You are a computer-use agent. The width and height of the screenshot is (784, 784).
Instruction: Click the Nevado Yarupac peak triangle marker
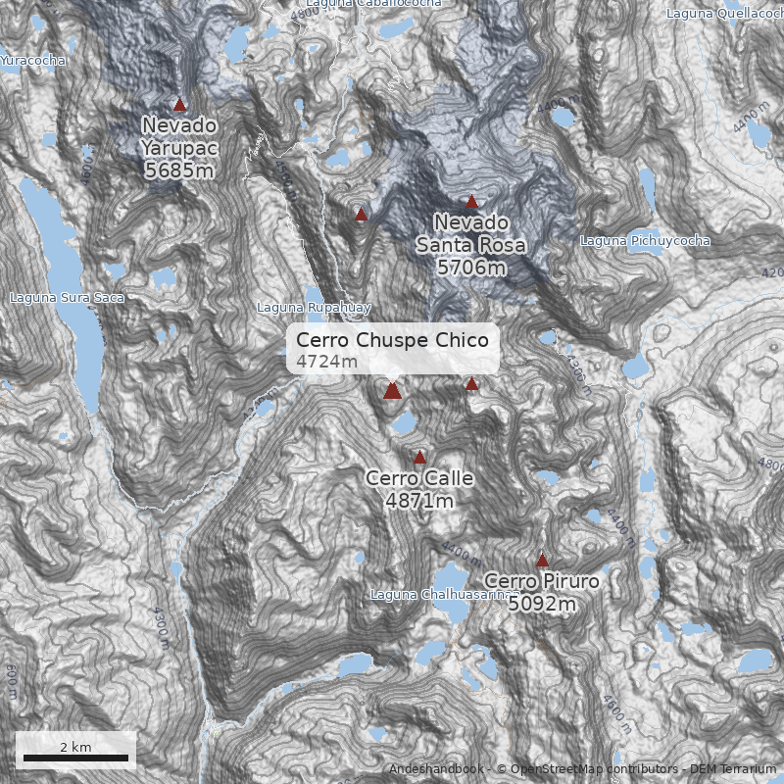pos(179,104)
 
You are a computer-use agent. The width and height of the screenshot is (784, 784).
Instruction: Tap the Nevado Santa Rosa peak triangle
pos(471,202)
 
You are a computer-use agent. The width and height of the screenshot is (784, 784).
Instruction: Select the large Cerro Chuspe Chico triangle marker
pos(393,391)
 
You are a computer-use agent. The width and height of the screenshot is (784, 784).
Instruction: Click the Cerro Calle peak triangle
pos(420,458)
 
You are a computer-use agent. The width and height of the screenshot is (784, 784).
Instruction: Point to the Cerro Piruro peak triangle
pos(542,560)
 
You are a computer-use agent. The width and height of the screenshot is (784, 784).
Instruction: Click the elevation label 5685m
pos(178,171)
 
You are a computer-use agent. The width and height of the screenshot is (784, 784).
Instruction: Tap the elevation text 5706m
pos(471,267)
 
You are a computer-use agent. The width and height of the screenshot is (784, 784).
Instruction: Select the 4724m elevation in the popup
pos(326,362)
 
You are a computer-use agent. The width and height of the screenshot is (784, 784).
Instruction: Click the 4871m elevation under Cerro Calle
pos(419,501)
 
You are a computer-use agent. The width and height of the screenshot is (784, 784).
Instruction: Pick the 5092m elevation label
pos(541,604)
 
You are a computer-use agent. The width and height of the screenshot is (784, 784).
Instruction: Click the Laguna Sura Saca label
pos(67,297)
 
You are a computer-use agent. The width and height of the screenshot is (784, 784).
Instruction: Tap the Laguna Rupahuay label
pos(313,308)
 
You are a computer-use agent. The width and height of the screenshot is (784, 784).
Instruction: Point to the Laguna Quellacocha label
pos(724,14)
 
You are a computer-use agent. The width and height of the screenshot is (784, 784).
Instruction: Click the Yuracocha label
pos(33,61)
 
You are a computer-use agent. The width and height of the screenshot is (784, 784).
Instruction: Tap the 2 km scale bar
pos(75,757)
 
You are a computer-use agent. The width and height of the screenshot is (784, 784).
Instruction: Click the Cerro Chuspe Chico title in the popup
pos(392,339)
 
